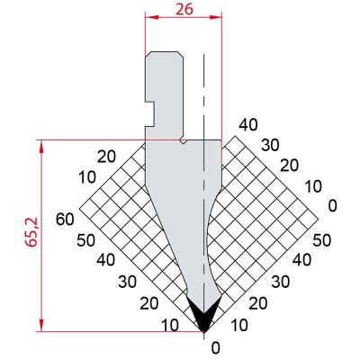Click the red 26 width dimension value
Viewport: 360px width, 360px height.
click(x=184, y=9)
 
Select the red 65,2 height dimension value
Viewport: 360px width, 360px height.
click(x=31, y=232)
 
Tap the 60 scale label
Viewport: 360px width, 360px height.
click(x=65, y=220)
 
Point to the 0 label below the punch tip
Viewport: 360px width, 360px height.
click(x=216, y=348)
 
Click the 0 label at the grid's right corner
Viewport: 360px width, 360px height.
click(x=332, y=206)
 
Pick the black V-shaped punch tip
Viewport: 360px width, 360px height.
click(x=204, y=315)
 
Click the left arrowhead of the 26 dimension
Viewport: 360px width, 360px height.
click(x=152, y=17)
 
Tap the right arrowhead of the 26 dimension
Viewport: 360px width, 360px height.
click(x=215, y=17)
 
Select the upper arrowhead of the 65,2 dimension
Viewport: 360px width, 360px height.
click(x=41, y=147)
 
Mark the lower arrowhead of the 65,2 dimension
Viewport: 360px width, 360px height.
click(x=41, y=325)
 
